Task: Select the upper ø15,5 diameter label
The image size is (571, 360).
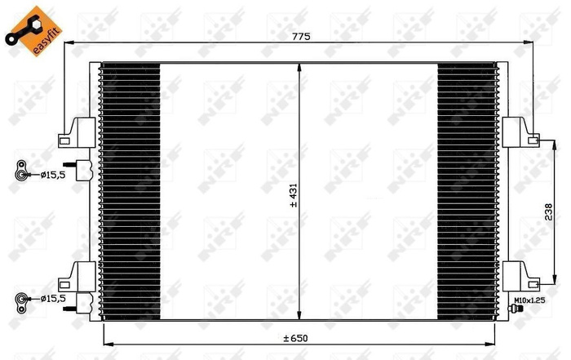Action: (x=45, y=173)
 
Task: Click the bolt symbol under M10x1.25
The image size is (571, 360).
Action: (x=516, y=309)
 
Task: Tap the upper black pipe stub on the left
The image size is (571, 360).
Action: (x=82, y=167)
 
